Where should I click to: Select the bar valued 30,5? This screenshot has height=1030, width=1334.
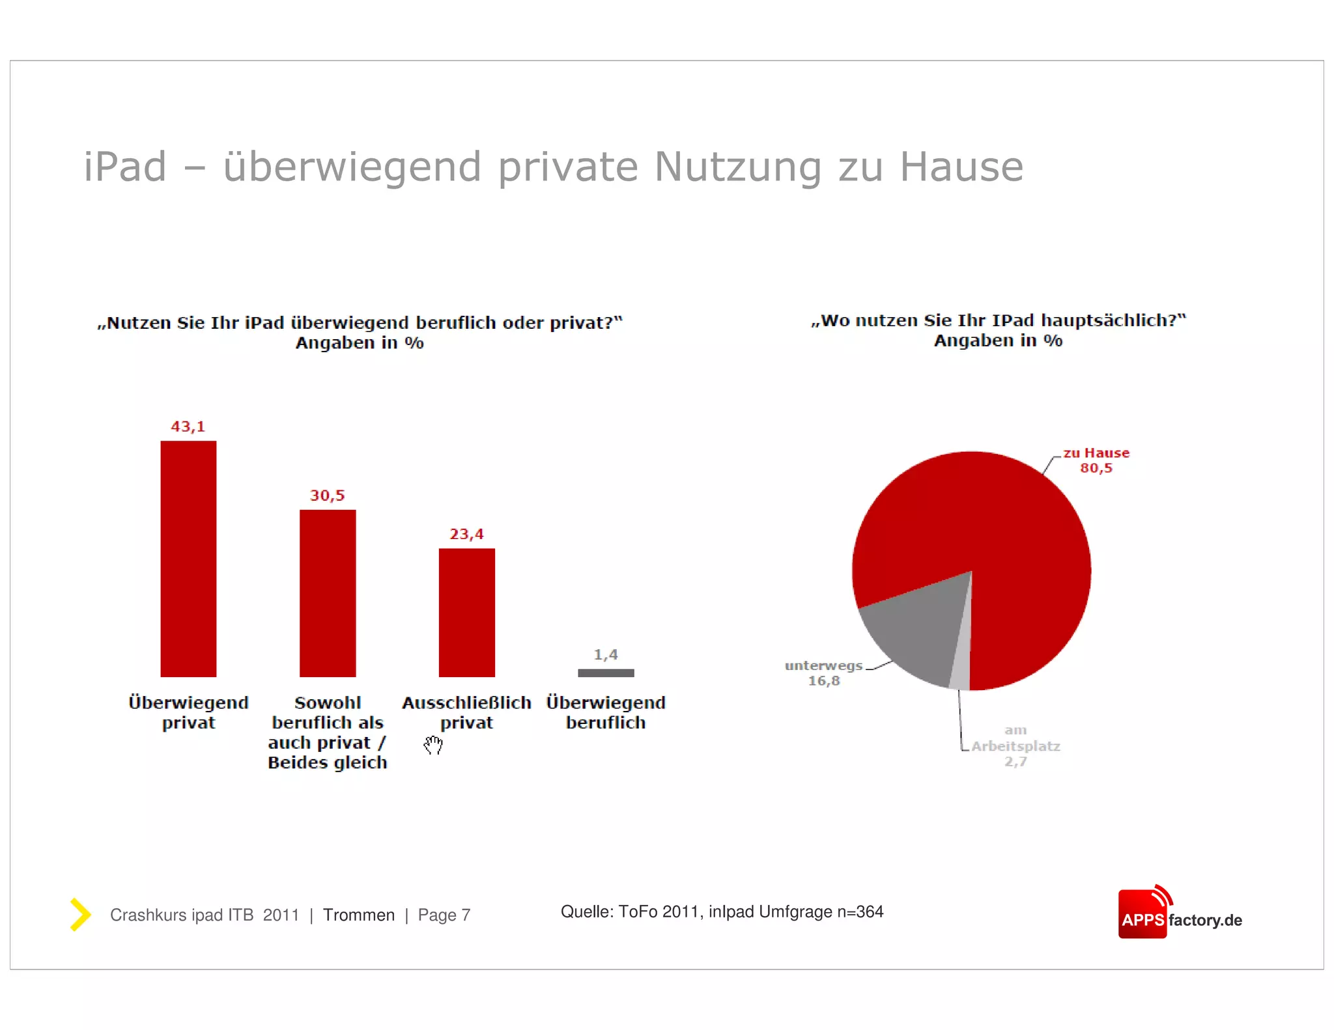tap(328, 593)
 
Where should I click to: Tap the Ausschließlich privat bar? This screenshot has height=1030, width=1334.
tap(466, 613)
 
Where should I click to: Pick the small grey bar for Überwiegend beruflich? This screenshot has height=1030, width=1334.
tap(606, 673)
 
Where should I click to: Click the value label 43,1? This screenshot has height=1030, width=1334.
tap(188, 426)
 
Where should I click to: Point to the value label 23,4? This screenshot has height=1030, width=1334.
tap(466, 534)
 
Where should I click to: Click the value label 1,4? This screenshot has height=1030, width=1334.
tap(606, 654)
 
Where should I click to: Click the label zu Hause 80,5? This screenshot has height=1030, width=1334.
tap(1096, 460)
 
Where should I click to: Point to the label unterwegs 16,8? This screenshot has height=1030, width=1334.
tap(824, 673)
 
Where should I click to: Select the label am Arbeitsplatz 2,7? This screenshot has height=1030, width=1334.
tap(1015, 746)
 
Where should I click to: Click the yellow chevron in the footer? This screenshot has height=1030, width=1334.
tap(80, 914)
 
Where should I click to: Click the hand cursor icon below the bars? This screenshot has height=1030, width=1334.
tap(433, 745)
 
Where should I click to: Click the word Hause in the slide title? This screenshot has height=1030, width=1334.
tap(961, 167)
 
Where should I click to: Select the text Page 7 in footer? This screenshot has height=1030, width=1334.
tap(444, 915)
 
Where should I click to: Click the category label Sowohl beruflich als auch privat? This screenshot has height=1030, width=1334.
tap(328, 732)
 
